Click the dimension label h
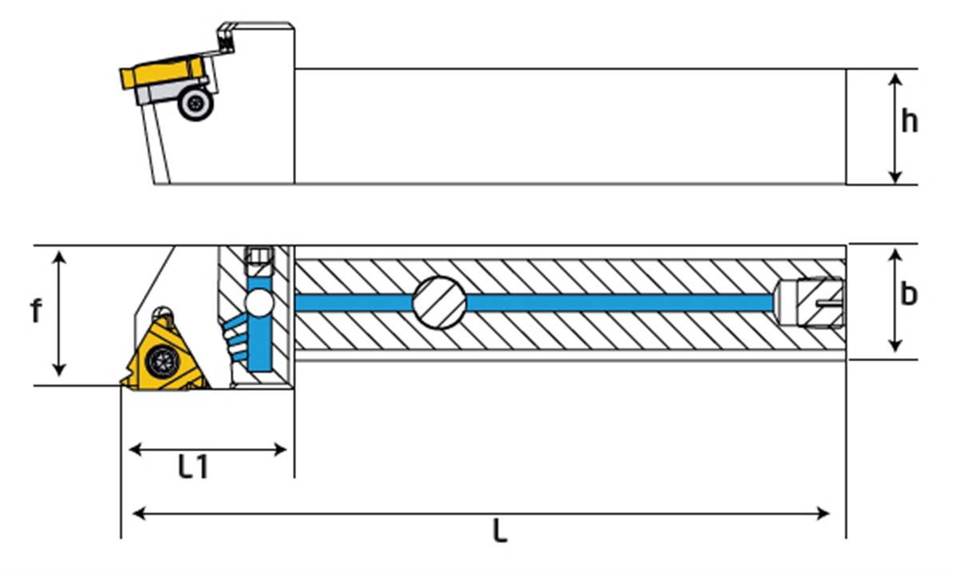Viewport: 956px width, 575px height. [909, 122]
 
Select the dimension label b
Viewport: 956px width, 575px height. [909, 294]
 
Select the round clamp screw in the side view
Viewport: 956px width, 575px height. [195, 104]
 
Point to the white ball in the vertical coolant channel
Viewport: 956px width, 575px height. [259, 304]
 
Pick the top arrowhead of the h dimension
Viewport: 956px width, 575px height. [895, 79]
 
